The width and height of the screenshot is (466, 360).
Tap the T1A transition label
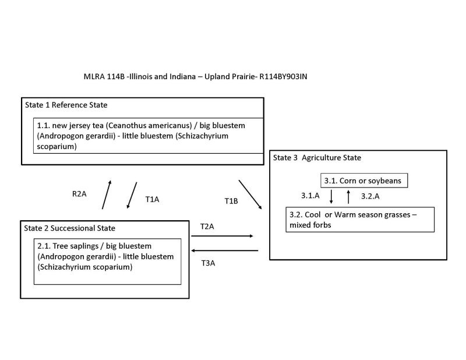click(x=152, y=199)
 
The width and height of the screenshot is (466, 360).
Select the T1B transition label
click(x=232, y=201)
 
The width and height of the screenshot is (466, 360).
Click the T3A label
click(x=209, y=263)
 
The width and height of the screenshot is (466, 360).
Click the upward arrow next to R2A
click(x=106, y=195)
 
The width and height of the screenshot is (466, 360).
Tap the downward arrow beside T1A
click(x=132, y=195)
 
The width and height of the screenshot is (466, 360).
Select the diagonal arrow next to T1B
click(x=250, y=193)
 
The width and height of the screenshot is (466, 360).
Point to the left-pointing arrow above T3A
click(x=225, y=251)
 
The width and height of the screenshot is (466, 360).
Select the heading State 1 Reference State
click(x=66, y=105)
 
